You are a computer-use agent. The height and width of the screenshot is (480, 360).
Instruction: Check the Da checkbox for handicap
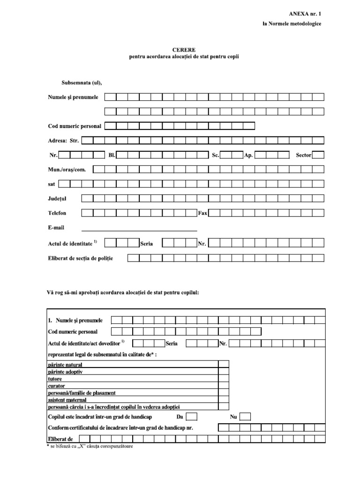click(191, 417)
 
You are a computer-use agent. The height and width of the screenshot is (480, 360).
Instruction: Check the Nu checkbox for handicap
click(245, 417)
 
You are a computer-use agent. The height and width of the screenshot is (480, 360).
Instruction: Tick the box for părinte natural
click(224, 364)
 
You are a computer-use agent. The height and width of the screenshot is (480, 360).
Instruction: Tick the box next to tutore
click(224, 378)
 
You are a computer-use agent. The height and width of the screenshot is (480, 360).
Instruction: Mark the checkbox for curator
click(224, 385)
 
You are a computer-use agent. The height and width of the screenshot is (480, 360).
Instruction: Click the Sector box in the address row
click(318, 155)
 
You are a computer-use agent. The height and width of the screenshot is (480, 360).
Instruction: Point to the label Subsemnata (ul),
click(82, 83)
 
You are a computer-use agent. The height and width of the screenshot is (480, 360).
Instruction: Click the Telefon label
click(57, 213)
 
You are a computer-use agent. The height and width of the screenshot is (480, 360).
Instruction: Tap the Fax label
click(202, 213)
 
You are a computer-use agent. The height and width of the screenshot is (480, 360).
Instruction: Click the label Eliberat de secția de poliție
click(81, 258)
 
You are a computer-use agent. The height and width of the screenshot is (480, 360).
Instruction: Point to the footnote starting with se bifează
click(90, 446)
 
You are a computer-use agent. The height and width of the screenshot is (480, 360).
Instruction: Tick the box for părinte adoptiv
click(224, 371)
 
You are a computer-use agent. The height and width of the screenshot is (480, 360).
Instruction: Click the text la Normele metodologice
click(292, 24)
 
